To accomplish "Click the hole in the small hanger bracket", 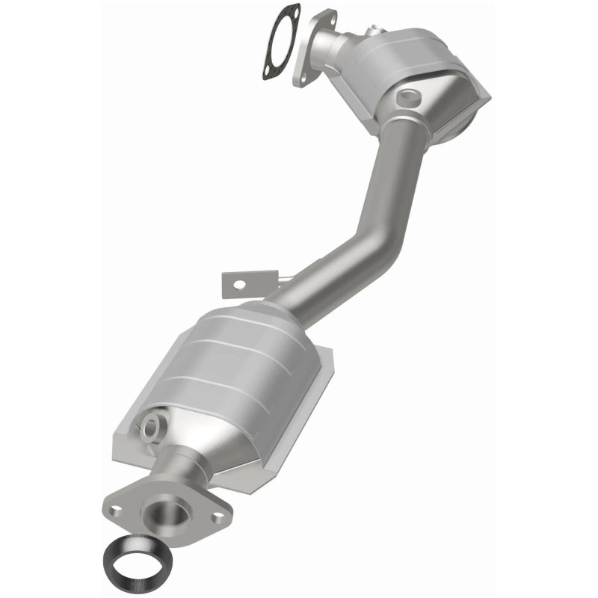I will pos(238,284).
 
